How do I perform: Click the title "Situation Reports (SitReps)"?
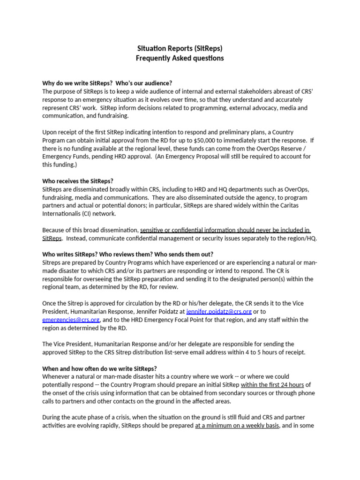click(x=180, y=48)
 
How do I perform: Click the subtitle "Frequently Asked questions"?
click(x=180, y=59)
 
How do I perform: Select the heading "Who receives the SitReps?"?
click(x=78, y=181)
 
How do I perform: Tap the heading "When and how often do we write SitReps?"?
click(x=100, y=368)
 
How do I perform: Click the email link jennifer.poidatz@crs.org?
click(x=219, y=311)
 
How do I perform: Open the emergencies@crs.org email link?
click(x=71, y=320)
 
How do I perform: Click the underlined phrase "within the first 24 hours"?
click(x=272, y=385)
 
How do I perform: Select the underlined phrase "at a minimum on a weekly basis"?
click(x=237, y=426)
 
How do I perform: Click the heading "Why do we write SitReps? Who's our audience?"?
click(x=107, y=83)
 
